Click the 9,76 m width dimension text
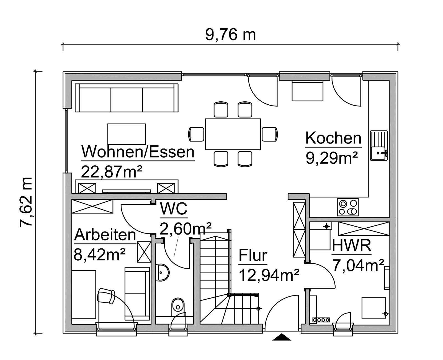pyautogui.click(x=230, y=35)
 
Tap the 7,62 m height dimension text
pyautogui.click(x=26, y=202)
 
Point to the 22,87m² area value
pyautogui.click(x=112, y=172)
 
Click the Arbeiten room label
pyautogui.click(x=105, y=235)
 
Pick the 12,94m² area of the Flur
pyautogui.click(x=269, y=275)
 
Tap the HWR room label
pyautogui.click(x=351, y=246)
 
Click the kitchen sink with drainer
pyautogui.click(x=379, y=145)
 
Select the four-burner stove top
pyautogui.click(x=348, y=207)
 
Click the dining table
pyautogui.click(x=233, y=134)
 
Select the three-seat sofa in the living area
pyautogui.click(x=127, y=98)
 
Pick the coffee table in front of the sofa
pyautogui.click(x=127, y=134)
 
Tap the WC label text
pyautogui.click(x=174, y=209)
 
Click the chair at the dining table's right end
pyautogui.click(x=270, y=134)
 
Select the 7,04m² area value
pyautogui.click(x=358, y=266)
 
